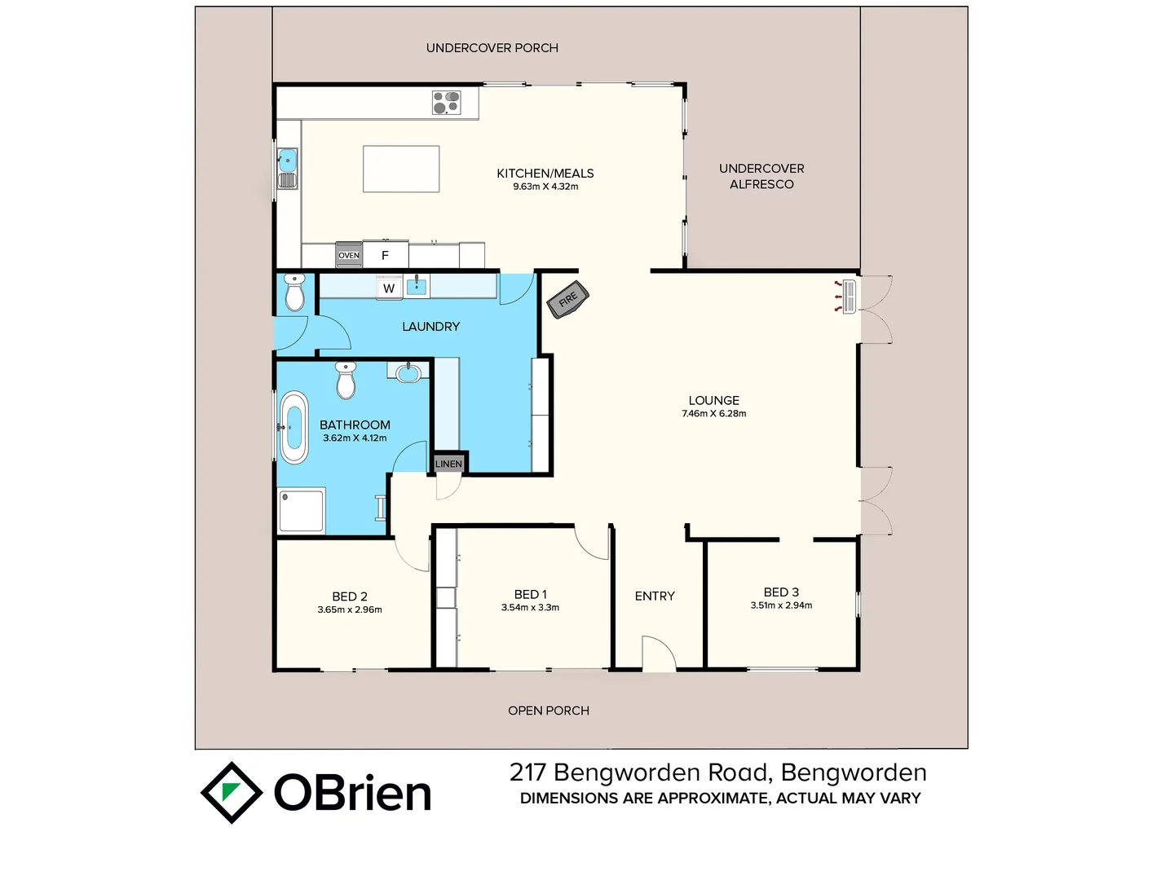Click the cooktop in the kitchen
[446, 103]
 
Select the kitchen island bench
[401, 169]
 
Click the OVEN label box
[349, 255]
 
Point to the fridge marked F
[386, 255]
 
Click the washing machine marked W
[389, 288]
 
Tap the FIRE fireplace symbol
[567, 299]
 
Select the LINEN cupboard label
[448, 464]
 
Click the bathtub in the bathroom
[293, 428]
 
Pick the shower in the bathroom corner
[302, 510]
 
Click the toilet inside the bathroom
[346, 380]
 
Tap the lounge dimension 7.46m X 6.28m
[713, 414]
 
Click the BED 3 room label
[781, 592]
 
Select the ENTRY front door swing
[659, 653]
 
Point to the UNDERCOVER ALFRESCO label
[761, 176]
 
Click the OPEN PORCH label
[548, 711]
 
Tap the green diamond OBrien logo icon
[232, 792]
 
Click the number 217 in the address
[527, 772]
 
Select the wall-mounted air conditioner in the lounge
[848, 296]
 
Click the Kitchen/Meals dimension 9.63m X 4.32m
[545, 187]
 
